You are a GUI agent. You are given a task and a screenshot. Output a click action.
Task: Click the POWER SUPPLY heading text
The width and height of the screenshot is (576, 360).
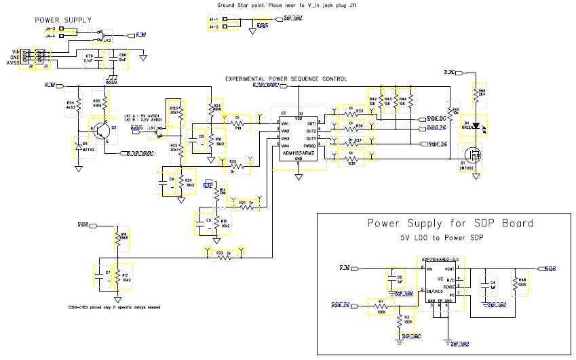point(63,21)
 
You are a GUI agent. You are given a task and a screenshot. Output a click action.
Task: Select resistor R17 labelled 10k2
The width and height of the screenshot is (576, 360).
point(117,277)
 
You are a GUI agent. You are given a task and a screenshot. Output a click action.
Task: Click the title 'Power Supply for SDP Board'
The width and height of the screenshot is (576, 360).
point(450,223)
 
